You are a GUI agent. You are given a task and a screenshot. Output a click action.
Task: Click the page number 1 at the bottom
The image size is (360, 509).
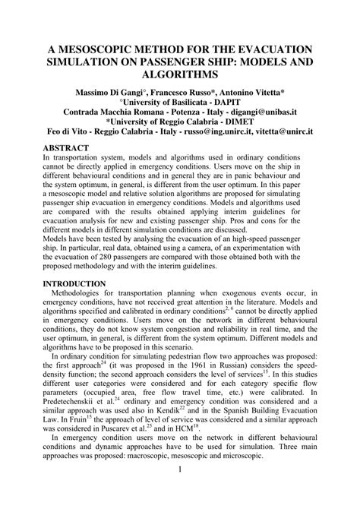(x=180, y=490)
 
